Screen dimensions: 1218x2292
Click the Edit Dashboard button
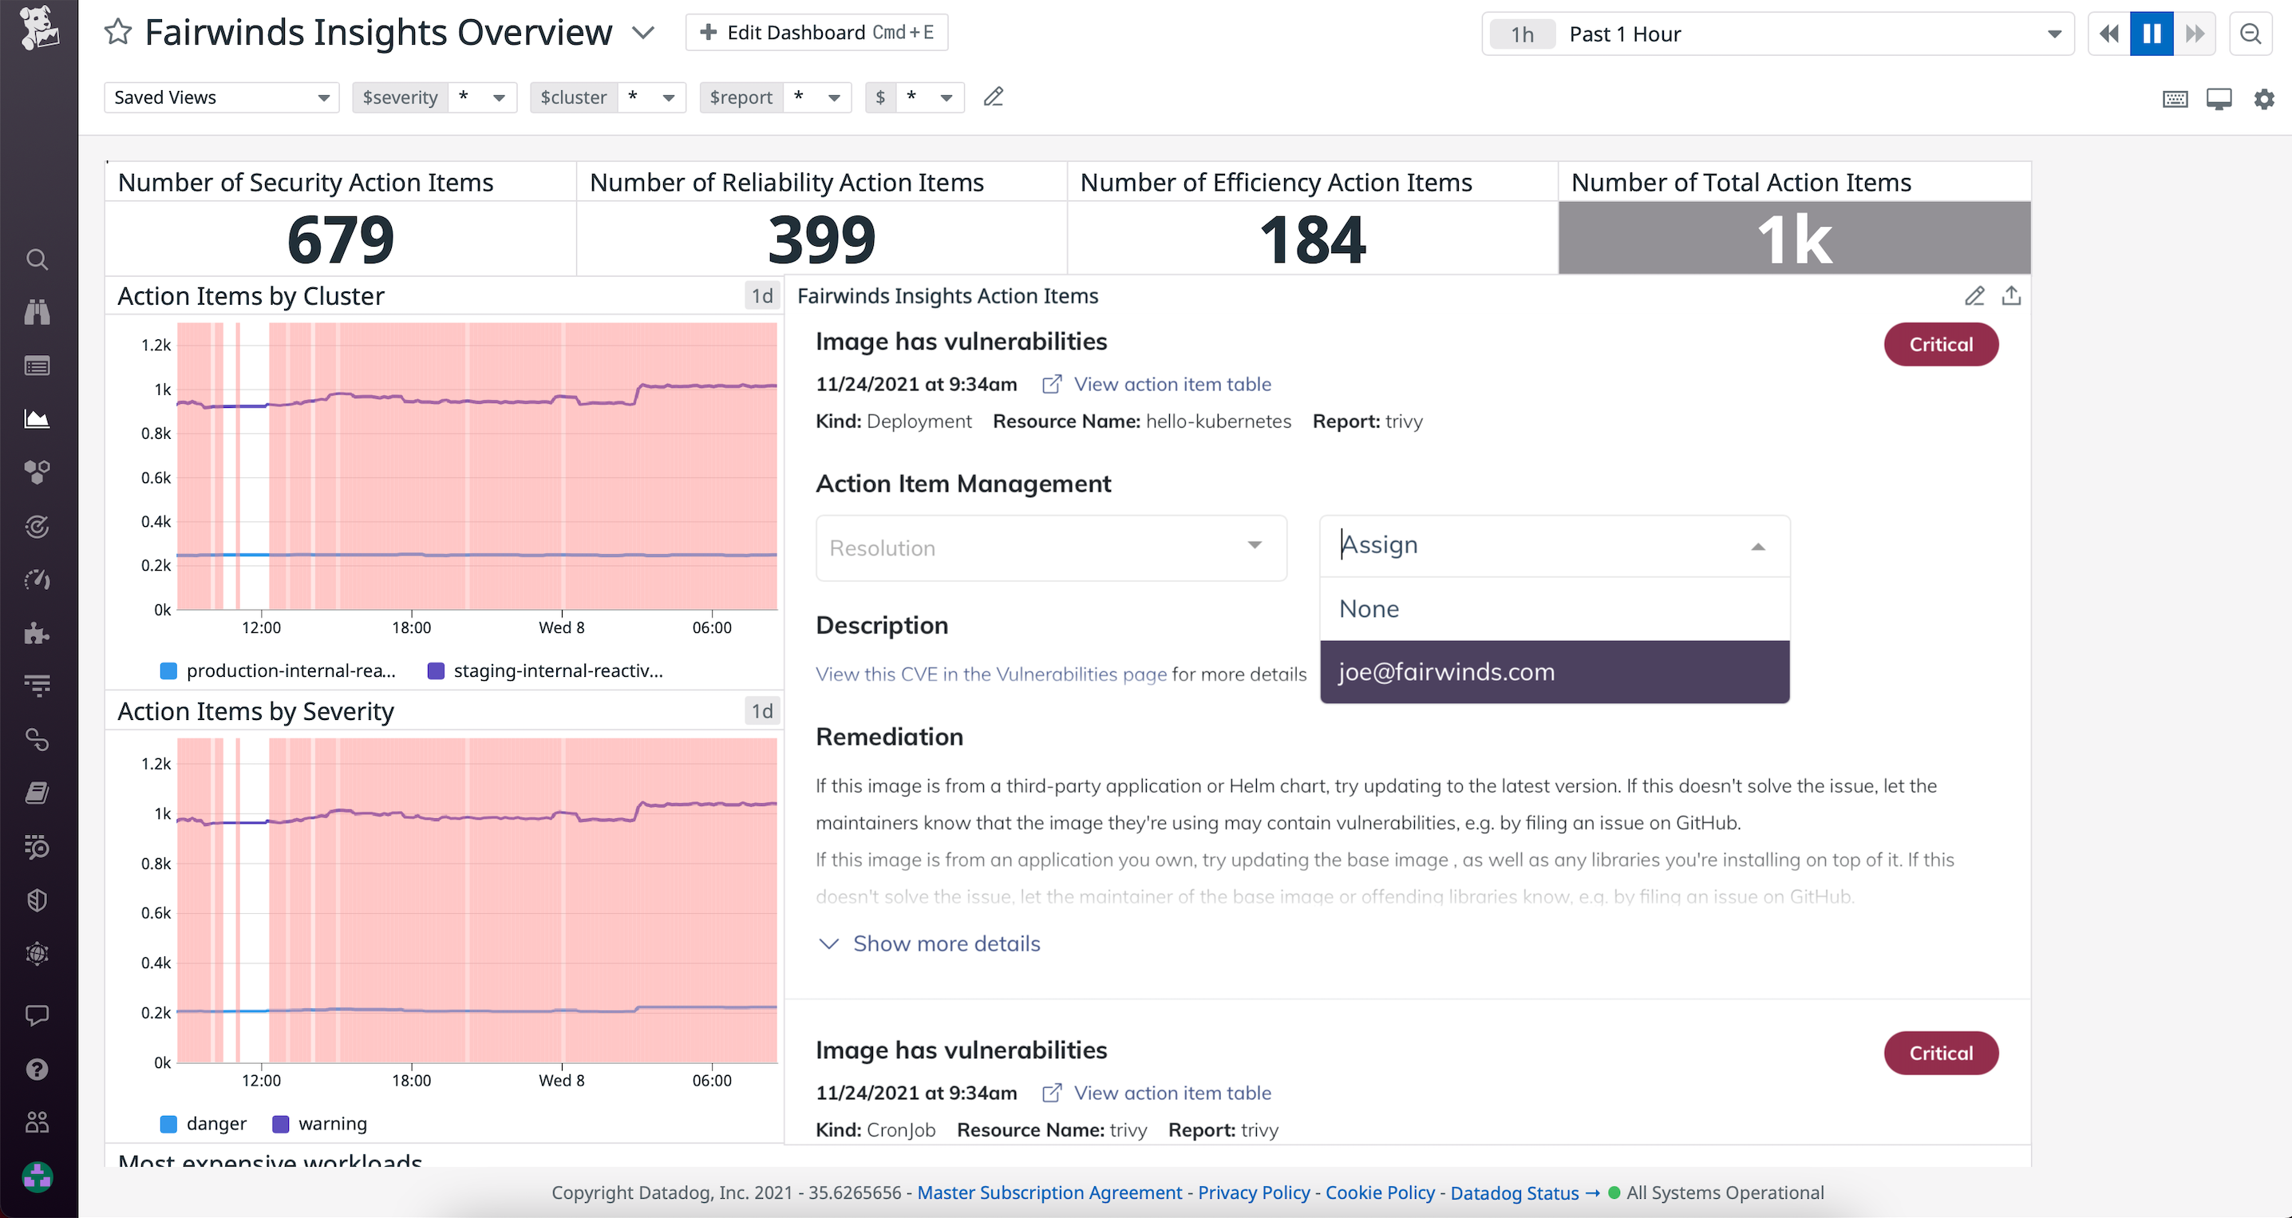pos(816,33)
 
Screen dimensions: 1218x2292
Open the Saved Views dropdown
pos(220,97)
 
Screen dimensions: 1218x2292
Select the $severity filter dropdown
pos(433,97)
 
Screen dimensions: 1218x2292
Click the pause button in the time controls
pos(2151,34)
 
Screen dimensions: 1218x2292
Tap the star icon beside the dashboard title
pos(118,33)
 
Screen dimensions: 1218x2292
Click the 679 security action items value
pos(340,239)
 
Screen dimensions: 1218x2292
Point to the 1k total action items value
pos(1794,239)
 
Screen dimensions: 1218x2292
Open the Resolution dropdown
pos(1050,548)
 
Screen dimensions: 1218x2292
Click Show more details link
pos(945,943)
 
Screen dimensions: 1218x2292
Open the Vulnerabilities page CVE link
pos(990,674)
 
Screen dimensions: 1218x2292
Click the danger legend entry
pos(215,1124)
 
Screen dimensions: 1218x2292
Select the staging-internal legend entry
pos(557,670)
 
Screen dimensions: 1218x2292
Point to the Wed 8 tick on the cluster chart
pos(562,627)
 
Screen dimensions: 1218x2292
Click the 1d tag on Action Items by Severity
pos(761,711)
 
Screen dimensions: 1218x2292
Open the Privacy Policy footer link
pos(1253,1192)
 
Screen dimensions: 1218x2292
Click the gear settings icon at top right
pos(2263,99)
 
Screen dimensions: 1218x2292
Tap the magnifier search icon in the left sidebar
pos(37,259)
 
